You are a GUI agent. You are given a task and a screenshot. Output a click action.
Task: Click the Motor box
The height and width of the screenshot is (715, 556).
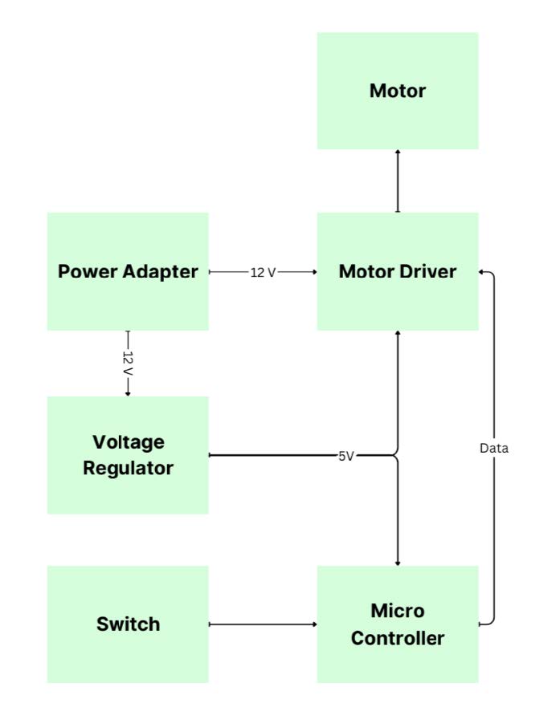[397, 91]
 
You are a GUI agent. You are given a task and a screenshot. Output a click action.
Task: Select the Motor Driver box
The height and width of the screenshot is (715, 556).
[397, 271]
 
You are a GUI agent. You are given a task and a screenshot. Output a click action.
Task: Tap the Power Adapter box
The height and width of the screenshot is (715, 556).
[128, 271]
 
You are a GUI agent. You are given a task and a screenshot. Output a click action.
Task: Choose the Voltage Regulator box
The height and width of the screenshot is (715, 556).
[128, 455]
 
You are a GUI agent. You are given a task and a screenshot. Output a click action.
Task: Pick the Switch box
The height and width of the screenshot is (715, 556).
[128, 624]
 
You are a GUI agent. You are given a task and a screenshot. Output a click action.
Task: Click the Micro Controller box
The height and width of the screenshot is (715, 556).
[397, 624]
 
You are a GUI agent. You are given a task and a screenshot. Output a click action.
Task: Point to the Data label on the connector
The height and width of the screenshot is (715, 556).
[494, 449]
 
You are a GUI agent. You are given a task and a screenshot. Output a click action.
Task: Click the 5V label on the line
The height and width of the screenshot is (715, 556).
[346, 456]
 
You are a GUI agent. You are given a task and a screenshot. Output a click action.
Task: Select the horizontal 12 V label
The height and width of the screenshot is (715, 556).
[263, 272]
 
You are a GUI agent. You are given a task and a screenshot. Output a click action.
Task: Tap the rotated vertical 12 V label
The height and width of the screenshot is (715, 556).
[128, 362]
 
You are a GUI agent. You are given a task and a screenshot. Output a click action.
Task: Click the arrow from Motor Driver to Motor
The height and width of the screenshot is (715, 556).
[397, 181]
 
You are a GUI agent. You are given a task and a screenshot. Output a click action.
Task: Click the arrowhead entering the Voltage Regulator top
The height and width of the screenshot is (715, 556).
[128, 392]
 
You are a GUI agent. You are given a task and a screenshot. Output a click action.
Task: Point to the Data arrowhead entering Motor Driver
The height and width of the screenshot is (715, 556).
[483, 272]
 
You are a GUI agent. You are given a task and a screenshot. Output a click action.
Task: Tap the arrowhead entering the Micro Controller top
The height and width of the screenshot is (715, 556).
[397, 562]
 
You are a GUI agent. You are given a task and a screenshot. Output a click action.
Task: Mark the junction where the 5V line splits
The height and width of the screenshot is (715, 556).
[396, 456]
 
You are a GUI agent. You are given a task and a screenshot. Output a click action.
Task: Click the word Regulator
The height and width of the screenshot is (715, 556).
[128, 468]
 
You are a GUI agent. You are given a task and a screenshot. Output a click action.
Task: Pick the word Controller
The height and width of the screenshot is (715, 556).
[397, 639]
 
